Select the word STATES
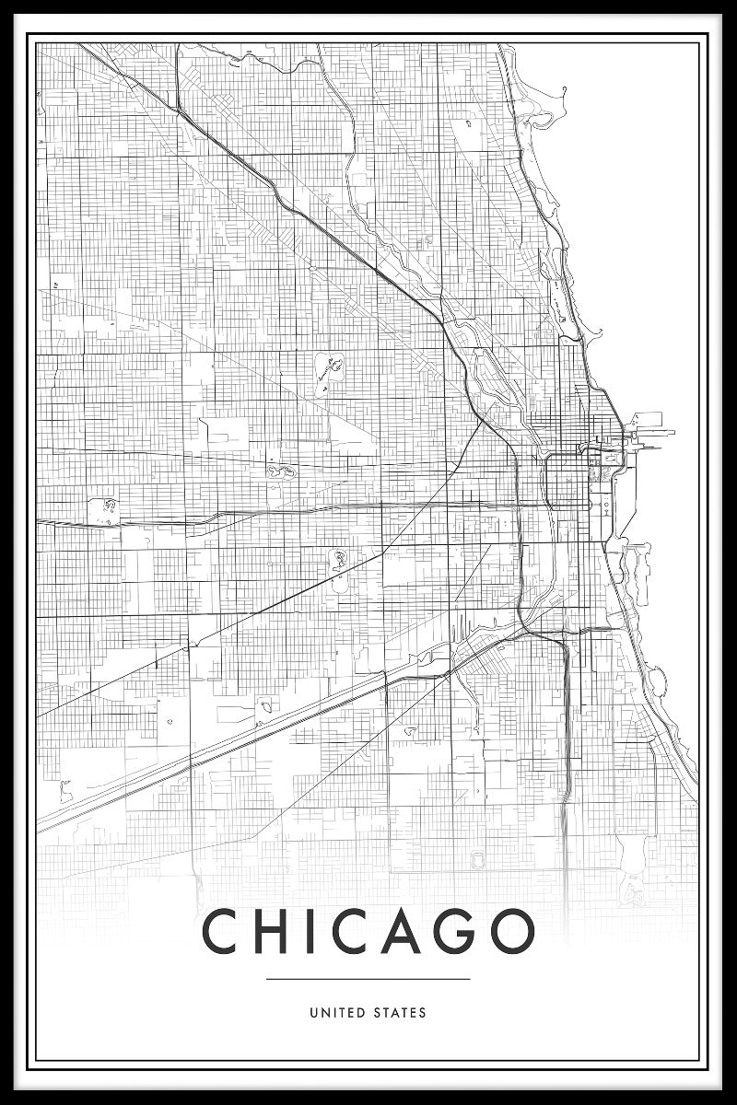pos(400,1013)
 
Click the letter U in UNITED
pos(314,1013)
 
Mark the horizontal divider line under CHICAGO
pos(368,979)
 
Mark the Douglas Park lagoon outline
pos(337,558)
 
